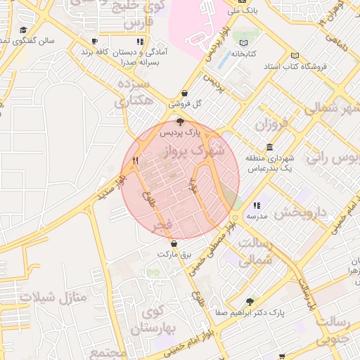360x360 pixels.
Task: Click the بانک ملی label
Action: pyautogui.click(x=246, y=12)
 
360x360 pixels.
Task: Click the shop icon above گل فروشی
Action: pyautogui.click(x=184, y=93)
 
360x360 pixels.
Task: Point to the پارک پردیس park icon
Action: pyautogui.click(x=180, y=122)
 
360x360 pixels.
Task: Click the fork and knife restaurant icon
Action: pyautogui.click(x=135, y=160)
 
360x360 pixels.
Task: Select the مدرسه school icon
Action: pyautogui.click(x=256, y=206)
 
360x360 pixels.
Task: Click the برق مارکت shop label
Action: pyautogui.click(x=174, y=253)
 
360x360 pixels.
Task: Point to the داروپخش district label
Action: pyautogui.click(x=301, y=211)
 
